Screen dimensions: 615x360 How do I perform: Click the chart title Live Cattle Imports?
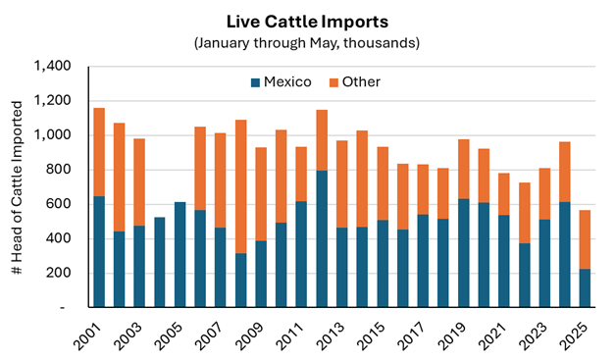coord(307,22)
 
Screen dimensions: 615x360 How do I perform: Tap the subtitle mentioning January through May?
coord(307,43)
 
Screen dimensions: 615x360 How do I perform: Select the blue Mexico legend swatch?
coord(256,82)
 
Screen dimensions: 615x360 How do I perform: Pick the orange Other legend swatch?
coord(333,82)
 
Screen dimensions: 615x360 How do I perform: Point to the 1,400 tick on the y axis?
coord(53,66)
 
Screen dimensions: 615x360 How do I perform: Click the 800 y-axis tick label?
coord(59,170)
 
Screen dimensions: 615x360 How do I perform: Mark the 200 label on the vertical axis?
coord(59,273)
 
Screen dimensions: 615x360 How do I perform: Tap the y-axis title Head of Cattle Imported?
coord(17,187)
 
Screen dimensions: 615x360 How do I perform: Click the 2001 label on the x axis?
coord(88,336)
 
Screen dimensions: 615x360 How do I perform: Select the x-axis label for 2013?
coord(331,336)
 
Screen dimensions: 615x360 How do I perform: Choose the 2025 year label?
coord(574,336)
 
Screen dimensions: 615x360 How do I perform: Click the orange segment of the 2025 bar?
coord(585,239)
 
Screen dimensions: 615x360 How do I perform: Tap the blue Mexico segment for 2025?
coord(585,287)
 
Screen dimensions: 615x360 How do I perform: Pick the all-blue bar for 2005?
coord(180,254)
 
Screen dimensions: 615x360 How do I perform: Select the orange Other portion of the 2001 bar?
coord(99,152)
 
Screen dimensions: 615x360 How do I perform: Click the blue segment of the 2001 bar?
coord(99,252)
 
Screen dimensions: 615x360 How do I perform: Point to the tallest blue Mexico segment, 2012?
coord(322,238)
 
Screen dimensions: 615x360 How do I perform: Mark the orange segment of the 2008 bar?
coord(241,186)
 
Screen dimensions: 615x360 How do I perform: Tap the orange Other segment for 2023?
coord(544,194)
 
